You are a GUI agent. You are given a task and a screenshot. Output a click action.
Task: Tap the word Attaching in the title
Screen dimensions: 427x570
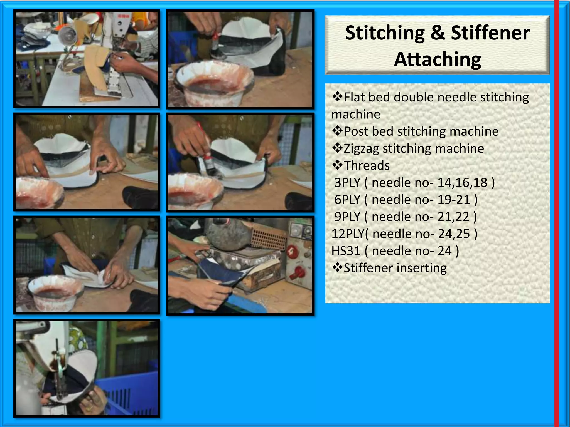tap(438, 59)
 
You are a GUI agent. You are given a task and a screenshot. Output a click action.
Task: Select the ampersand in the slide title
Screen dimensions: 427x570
tap(438, 33)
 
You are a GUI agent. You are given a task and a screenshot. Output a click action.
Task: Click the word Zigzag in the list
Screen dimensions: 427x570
tap(361, 148)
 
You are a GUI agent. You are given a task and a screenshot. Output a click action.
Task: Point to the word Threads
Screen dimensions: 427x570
tap(367, 165)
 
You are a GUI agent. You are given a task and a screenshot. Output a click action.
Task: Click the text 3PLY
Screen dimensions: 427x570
tap(347, 183)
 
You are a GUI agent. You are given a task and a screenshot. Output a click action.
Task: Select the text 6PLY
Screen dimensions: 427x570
tap(347, 200)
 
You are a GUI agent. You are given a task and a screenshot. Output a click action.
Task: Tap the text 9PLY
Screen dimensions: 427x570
tap(347, 217)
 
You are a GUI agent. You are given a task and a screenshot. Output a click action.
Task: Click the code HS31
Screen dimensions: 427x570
tap(346, 251)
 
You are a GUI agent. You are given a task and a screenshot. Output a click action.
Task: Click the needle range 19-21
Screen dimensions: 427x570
tap(454, 200)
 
